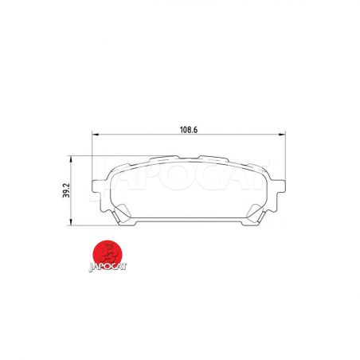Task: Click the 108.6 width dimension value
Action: (x=189, y=130)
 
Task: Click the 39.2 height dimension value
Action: (x=66, y=190)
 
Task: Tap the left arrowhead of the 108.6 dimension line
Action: (x=96, y=135)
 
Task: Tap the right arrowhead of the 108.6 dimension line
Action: (x=282, y=135)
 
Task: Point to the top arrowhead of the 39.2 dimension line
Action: (x=71, y=159)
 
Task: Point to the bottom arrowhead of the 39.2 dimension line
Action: (x=71, y=222)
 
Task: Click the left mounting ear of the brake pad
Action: (x=98, y=186)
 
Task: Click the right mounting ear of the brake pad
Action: (x=280, y=186)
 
